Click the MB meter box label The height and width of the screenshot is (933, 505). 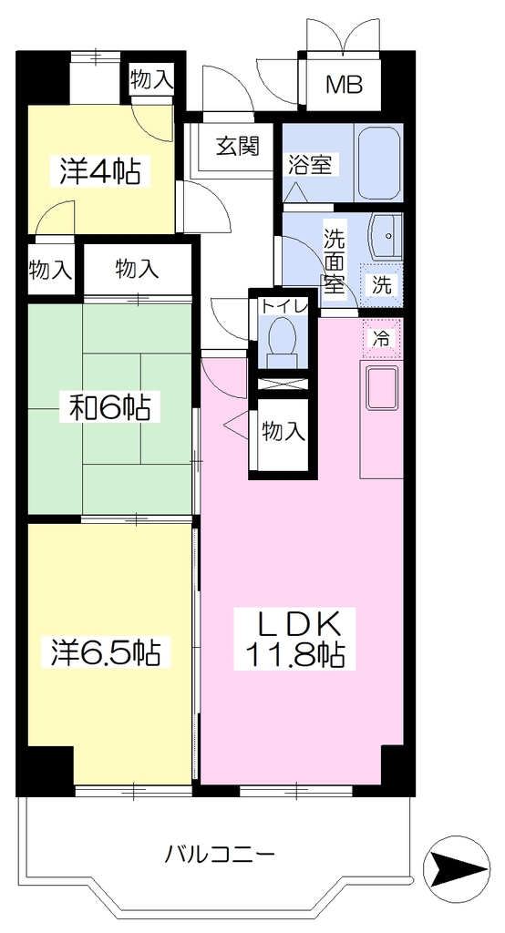coord(344,86)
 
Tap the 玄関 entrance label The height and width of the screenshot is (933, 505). coord(237,146)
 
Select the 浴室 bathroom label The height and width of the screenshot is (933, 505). coord(310,165)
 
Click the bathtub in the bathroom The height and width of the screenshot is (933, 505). coord(377,162)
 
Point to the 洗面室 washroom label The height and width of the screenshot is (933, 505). coord(335,260)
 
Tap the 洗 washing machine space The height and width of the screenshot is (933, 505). coord(382,285)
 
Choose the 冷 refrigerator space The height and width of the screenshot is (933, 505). coord(382,339)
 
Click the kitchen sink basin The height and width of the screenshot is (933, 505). coord(382,388)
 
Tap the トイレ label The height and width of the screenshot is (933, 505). coord(283,307)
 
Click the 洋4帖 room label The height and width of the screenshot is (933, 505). coord(100,171)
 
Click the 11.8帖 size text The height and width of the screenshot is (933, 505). coord(295,655)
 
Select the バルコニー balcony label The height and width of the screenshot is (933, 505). coord(220,856)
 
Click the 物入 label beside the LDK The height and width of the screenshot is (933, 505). coord(284,431)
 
